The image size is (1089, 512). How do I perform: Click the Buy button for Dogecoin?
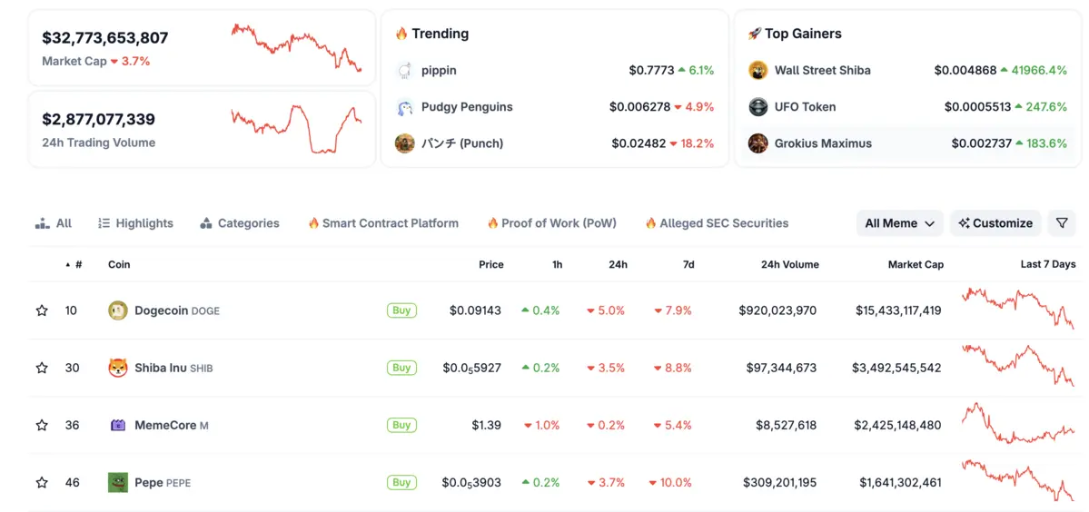(x=401, y=310)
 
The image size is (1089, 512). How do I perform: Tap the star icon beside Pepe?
(x=42, y=483)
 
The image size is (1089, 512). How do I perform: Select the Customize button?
(x=995, y=223)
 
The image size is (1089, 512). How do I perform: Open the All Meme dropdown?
(x=900, y=223)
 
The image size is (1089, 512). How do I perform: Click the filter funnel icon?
(x=1062, y=223)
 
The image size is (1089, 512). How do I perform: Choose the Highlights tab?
(x=135, y=223)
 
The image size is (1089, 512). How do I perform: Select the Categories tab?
(x=240, y=223)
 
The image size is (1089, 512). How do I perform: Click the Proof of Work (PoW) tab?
(x=551, y=223)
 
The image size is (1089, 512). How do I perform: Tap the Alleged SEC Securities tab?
(x=717, y=223)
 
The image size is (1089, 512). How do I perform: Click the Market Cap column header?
(x=916, y=265)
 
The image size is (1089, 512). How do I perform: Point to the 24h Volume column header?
(x=789, y=265)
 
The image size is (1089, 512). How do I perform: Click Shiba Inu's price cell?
(x=471, y=368)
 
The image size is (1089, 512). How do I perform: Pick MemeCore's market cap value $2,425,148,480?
(x=897, y=425)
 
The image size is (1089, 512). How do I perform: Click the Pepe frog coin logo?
(x=118, y=483)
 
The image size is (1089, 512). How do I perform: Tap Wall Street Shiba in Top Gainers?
(x=822, y=70)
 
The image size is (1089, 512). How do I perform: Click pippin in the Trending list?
(x=439, y=70)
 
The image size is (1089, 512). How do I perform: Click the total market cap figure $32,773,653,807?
(x=105, y=38)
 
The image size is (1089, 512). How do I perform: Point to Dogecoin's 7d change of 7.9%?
(x=673, y=310)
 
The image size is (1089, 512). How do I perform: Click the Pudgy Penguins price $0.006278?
(x=639, y=107)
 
